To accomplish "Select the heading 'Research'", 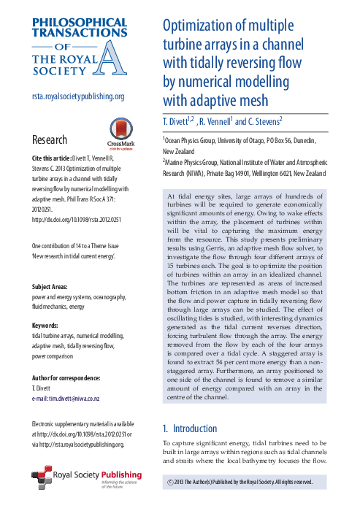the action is (x=50, y=139).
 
